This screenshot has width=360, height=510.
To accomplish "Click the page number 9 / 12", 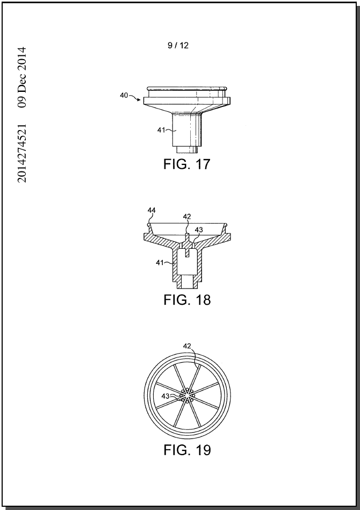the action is tap(178, 46).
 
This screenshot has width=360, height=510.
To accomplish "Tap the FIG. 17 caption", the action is tap(186, 164).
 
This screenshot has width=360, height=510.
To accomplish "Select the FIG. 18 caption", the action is tap(187, 299).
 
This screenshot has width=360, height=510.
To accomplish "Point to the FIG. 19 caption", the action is tap(187, 450).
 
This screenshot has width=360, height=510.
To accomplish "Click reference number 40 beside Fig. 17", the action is tap(124, 96).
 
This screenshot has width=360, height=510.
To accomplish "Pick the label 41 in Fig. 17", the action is tap(161, 130).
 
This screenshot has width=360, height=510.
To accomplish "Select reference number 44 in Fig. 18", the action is tap(152, 211).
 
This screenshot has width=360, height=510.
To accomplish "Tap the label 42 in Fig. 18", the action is tap(187, 217).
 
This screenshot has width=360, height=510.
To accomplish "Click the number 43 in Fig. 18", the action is tap(199, 230).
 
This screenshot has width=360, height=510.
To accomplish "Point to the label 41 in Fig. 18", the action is tap(160, 262).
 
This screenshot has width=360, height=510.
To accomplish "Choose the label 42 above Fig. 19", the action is tap(187, 346).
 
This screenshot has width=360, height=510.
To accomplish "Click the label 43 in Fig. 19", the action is tap(165, 396).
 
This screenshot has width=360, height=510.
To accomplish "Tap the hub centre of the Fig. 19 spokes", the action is tap(187, 395).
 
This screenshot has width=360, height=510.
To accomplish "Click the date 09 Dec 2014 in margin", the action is tap(22, 77).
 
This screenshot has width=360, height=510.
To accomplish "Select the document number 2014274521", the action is tap(22, 153).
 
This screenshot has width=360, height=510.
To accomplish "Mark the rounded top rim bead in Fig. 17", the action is tap(186, 88).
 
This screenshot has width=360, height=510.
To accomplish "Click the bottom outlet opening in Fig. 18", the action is tap(187, 282).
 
